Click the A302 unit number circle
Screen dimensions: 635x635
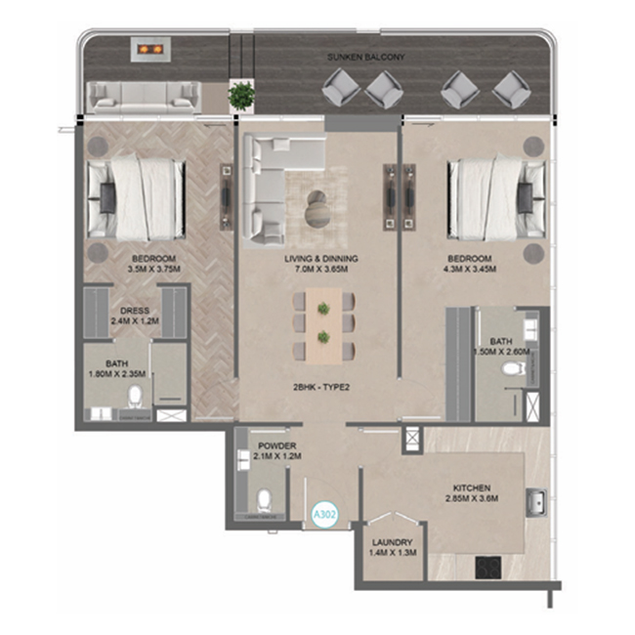(325, 515)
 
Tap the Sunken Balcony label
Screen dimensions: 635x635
(366, 57)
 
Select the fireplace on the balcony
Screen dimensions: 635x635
(150, 50)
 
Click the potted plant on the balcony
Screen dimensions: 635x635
(241, 96)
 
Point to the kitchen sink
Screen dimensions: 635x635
(536, 502)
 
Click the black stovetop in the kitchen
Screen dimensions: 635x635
(488, 567)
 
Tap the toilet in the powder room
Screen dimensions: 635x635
(265, 501)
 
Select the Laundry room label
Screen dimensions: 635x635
(393, 542)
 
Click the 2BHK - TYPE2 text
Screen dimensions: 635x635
(321, 387)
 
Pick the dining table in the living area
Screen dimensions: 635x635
(323, 325)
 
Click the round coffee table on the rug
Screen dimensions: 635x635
(317, 209)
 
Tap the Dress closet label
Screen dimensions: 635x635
(135, 311)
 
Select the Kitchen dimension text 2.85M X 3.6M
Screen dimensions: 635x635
(472, 498)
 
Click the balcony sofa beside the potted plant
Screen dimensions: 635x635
(145, 97)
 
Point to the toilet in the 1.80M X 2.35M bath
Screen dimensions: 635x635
(135, 397)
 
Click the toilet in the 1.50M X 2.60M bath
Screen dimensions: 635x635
(513, 368)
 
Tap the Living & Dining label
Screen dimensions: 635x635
(321, 258)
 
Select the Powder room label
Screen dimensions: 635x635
(277, 445)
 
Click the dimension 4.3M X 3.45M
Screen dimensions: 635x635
(470, 269)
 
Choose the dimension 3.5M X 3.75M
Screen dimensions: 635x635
(154, 269)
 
